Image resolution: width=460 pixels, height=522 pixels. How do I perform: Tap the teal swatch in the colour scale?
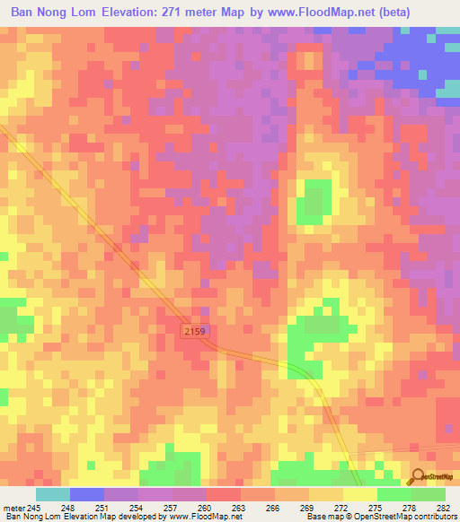coord(53,494)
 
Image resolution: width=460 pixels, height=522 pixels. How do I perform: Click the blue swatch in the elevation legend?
coord(87,494)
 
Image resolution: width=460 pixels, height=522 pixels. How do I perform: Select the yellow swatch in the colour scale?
coord(360,494)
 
